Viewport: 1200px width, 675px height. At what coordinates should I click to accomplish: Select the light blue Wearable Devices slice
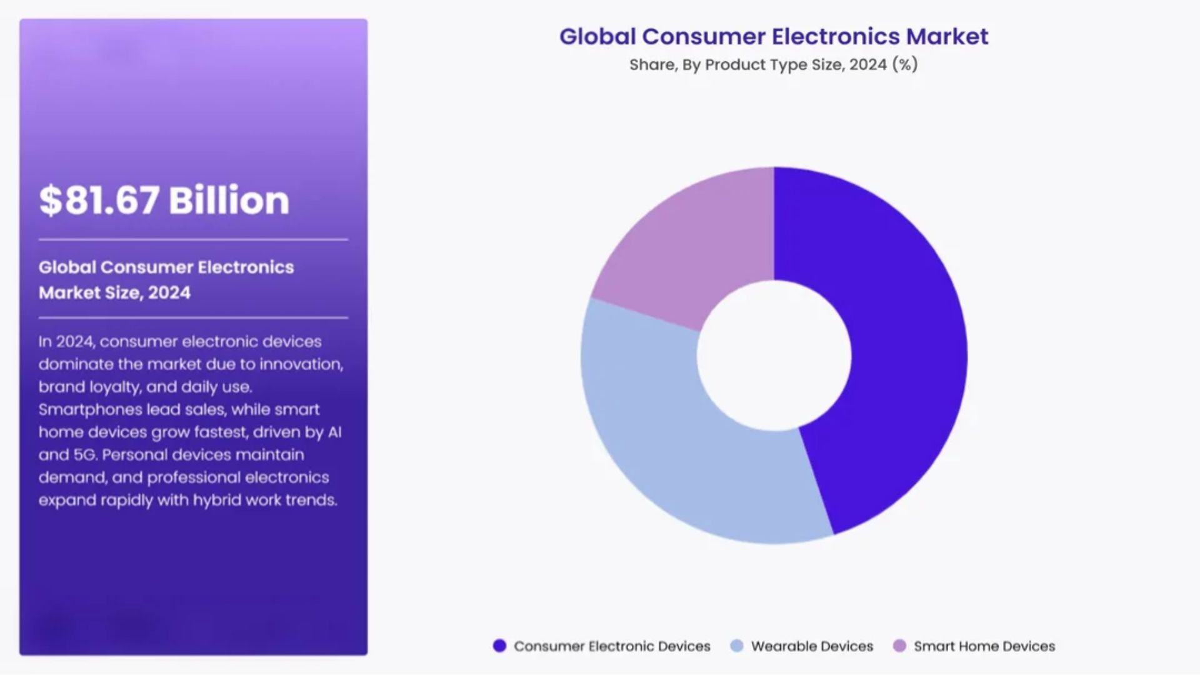(675, 450)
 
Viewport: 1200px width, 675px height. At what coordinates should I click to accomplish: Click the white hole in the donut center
(774, 355)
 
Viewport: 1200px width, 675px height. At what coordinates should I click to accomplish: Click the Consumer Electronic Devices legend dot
(499, 646)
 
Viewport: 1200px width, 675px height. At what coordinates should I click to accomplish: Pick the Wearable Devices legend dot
(737, 646)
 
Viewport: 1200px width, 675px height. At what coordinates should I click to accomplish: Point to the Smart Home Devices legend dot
(899, 646)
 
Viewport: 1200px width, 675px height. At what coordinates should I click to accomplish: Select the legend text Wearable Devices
(812, 646)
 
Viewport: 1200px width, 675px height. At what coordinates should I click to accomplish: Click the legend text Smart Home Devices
(984, 646)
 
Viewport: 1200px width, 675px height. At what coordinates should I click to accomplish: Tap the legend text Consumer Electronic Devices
(612, 646)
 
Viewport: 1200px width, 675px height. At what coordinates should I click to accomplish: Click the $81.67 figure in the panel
(99, 201)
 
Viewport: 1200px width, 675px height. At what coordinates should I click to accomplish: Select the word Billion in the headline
(229, 201)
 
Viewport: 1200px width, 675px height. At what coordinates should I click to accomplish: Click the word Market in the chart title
(947, 36)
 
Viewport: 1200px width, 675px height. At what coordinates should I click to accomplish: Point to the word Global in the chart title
(597, 36)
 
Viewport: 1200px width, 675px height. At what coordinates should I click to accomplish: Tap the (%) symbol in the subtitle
(905, 64)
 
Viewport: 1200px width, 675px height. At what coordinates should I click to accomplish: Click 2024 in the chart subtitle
(867, 64)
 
